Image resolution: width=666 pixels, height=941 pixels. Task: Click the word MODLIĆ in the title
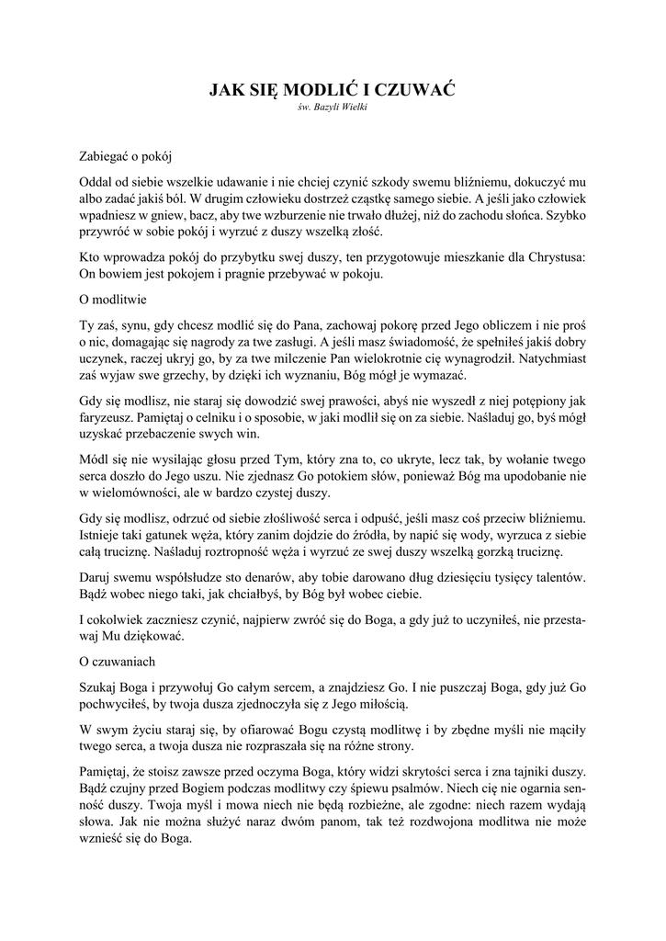(x=309, y=90)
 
